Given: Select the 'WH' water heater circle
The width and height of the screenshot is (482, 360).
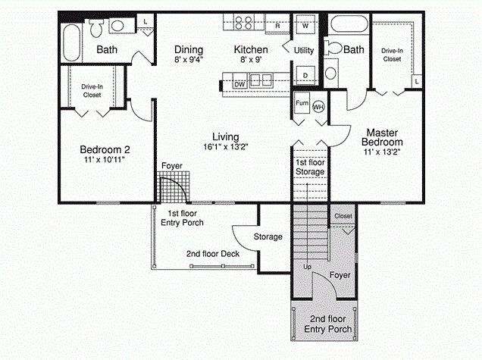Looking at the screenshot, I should point(319,107).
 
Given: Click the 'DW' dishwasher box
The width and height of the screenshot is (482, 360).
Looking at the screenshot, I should point(239,83).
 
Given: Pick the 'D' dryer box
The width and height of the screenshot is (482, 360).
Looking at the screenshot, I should point(305,76).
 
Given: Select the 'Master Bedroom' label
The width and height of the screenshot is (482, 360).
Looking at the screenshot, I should point(381,136).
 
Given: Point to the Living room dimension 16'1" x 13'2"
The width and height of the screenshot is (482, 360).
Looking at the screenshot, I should point(227,146).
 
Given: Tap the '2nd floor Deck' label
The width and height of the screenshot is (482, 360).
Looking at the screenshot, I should point(213,254).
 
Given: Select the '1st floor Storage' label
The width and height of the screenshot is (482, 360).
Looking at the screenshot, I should point(309,167).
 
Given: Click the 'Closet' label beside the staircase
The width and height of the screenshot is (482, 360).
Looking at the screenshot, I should point(343,216).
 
